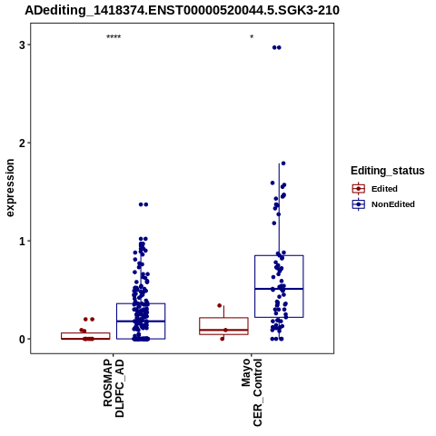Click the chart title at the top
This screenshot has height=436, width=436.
(182, 10)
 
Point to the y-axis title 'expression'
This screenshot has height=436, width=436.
(10, 188)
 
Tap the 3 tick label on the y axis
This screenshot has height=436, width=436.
(22, 45)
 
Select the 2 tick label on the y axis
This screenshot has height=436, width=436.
(22, 143)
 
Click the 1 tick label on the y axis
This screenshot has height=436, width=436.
(22, 241)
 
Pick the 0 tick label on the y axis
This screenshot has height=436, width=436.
(22, 339)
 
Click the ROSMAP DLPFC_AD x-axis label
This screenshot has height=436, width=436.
(114, 389)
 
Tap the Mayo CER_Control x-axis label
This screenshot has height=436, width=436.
(252, 392)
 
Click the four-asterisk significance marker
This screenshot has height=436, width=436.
(114, 37)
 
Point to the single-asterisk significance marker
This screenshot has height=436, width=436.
(252, 37)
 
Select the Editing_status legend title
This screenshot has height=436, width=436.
(388, 171)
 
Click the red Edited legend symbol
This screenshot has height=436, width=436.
(359, 189)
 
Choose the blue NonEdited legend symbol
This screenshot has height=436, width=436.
(359, 204)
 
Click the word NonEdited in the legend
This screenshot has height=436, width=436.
(393, 204)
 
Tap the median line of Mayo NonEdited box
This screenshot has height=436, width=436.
(279, 289)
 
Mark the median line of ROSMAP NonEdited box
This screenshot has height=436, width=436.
(141, 321)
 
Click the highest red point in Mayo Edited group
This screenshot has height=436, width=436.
(220, 305)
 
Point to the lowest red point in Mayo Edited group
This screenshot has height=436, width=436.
(223, 339)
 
